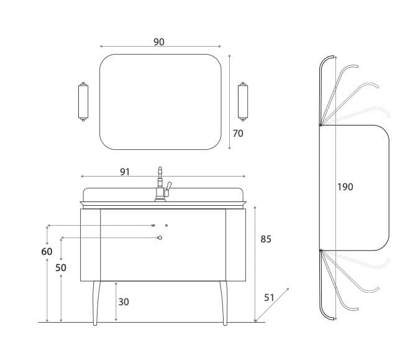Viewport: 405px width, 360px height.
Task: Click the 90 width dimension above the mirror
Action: pos(159,42)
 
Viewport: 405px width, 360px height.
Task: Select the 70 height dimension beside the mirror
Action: pos(238,134)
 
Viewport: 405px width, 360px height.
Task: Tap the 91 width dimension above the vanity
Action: pos(125,172)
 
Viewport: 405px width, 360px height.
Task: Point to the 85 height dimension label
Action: pos(266,239)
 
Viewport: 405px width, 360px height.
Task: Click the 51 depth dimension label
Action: pos(269,298)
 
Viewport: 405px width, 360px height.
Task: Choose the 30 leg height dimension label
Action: pos(124,302)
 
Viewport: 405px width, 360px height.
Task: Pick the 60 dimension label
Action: pos(47,251)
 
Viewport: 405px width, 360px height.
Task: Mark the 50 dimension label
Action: pos(61,268)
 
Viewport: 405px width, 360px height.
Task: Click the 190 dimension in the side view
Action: pos(345,187)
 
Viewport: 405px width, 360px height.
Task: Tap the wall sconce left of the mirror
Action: pos(83,101)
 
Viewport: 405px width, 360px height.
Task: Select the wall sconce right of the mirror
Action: pos(243,101)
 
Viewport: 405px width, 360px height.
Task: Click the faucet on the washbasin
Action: pos(162,184)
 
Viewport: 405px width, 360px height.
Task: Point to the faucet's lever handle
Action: pos(168,187)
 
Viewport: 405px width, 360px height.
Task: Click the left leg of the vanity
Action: pos(96,303)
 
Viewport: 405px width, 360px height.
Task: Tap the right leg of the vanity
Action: pos(224,303)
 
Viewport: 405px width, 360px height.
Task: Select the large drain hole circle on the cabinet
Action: pos(160,238)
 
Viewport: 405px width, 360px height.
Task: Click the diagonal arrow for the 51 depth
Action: pos(272,305)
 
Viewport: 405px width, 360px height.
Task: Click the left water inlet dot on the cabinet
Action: pos(153,226)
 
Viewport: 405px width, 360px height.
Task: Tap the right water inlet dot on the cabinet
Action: pos(166,226)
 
